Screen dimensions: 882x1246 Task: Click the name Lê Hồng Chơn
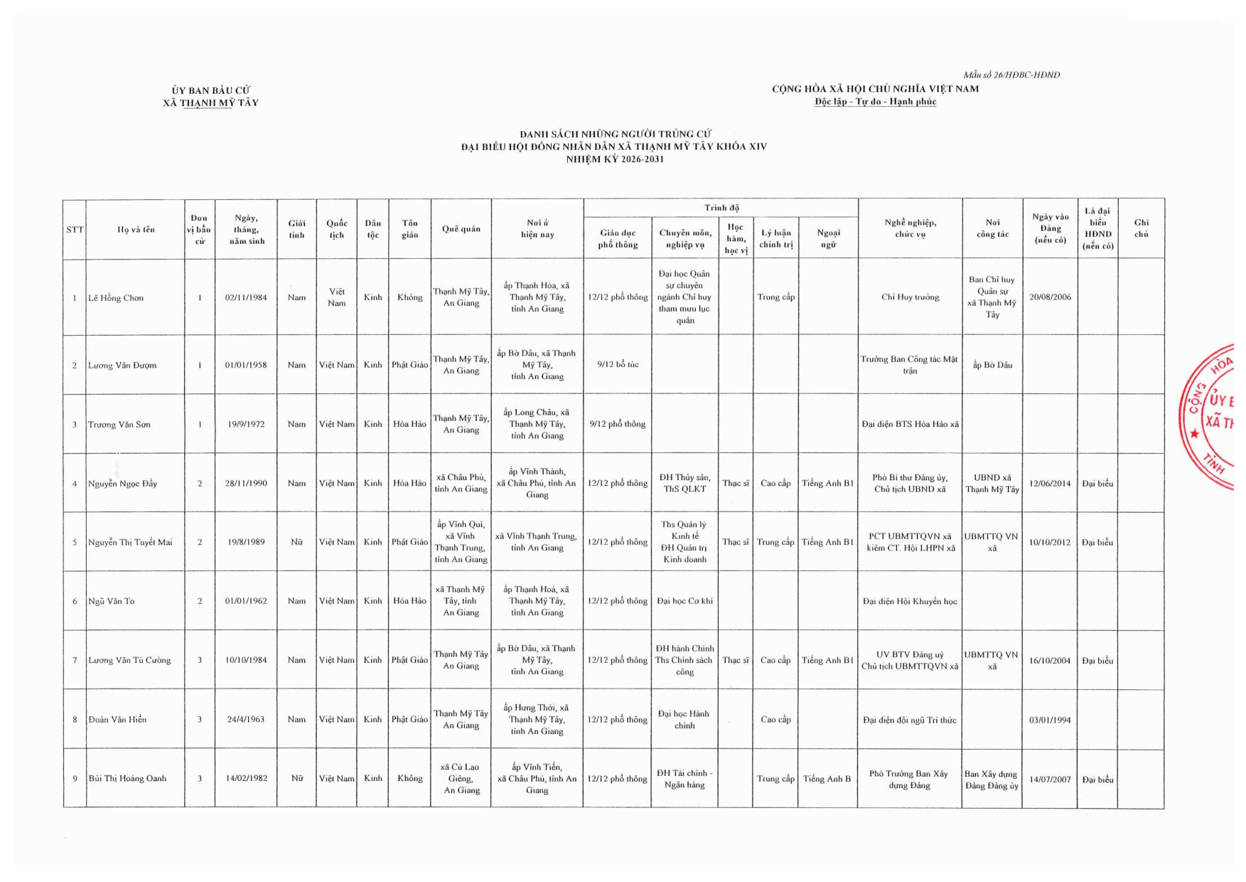coord(116,298)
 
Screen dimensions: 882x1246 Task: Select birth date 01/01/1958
coord(246,365)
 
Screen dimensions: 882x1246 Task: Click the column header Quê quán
coord(461,229)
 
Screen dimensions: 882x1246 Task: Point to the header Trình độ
coord(721,208)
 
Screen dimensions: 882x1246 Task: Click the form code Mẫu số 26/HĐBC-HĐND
coord(1011,75)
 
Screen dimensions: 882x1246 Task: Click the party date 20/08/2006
coord(1050,297)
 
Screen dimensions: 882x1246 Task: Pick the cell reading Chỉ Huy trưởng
coord(910,297)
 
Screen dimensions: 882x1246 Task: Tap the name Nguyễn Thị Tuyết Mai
coord(130,542)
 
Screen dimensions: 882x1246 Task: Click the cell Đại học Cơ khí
coord(684,601)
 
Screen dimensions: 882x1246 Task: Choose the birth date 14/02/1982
coord(247,778)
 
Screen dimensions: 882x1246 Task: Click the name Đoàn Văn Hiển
coord(117,720)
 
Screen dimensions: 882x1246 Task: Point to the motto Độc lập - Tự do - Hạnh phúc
coord(875,102)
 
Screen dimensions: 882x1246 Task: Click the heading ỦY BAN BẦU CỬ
coord(210,90)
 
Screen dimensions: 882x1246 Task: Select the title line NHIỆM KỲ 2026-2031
coord(615,159)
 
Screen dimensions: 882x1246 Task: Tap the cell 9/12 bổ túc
coord(618,365)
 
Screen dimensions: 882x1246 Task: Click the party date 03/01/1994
coord(1050,720)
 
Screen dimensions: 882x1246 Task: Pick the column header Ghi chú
coord(1141,228)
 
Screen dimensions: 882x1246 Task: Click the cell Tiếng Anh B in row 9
coord(827,779)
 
